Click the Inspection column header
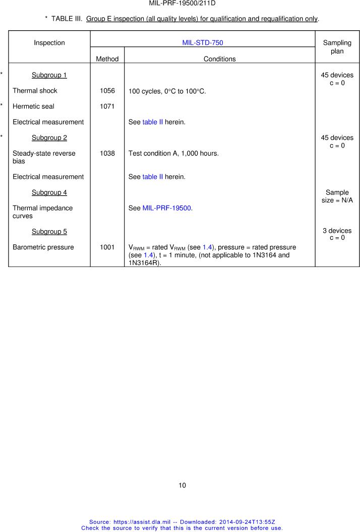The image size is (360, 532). point(49,43)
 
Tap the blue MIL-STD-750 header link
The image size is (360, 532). point(202,43)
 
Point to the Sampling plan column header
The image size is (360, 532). point(337,47)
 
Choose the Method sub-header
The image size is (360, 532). point(107,59)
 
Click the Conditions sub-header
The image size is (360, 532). point(219,59)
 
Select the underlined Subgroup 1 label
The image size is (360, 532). point(49,76)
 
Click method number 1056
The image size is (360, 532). point(107,91)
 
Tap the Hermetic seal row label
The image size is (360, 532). point(33,107)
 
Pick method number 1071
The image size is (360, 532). point(107,107)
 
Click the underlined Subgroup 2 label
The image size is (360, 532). point(49,138)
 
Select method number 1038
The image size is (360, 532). point(107,153)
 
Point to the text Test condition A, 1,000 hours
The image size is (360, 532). point(173,153)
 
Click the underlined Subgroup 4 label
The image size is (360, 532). point(49,192)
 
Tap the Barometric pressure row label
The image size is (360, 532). point(43,247)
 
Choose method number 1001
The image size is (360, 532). point(107,247)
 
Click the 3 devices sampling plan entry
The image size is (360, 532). point(337,231)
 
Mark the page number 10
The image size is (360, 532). point(182,486)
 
